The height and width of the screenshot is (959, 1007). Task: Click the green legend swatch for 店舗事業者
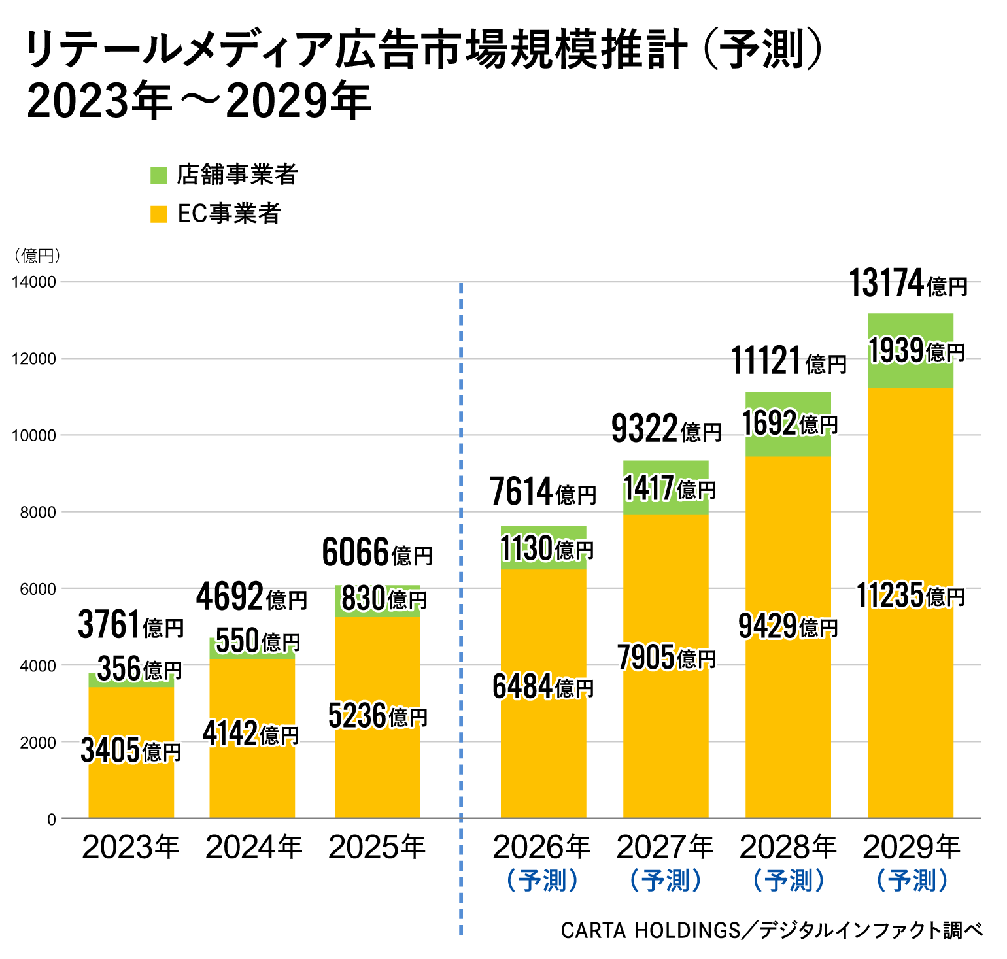coord(159,175)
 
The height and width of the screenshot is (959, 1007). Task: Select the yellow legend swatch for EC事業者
coord(159,214)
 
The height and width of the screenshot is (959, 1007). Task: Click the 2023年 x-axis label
coord(131,848)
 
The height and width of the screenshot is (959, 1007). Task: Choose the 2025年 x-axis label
coord(377,848)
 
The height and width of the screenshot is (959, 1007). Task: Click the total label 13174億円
coord(908,284)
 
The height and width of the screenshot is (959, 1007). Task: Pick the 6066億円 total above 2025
coord(377,553)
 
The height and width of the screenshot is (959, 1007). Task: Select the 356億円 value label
coord(139,669)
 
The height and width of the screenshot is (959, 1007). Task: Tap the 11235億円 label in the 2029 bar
coord(910,596)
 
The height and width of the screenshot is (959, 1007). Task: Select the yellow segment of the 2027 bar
coord(666,732)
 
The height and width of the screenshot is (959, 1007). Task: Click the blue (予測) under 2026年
coord(543,881)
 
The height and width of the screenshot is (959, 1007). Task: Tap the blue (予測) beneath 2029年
coord(912,881)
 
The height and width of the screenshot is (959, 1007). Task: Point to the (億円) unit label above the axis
coord(37,256)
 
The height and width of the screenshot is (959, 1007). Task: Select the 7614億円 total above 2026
coord(543,493)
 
